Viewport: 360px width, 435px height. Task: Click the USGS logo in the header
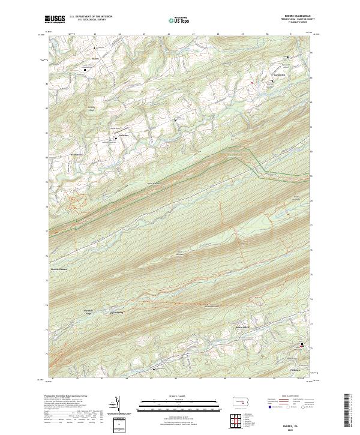55,20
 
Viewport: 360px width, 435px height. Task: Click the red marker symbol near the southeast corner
301,344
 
